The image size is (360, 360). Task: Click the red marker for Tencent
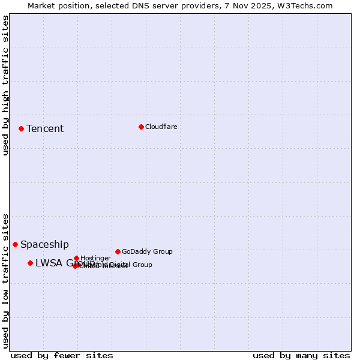pos(21,128)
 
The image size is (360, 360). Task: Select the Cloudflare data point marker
pos(141,127)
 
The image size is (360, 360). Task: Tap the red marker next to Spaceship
pos(15,244)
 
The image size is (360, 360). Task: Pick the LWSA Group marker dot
pos(30,263)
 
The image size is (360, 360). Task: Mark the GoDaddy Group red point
pos(118,251)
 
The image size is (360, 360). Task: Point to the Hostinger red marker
pos(76,258)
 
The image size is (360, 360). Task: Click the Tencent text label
pos(45,129)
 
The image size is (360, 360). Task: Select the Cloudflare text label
pos(161,127)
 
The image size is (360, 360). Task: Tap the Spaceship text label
pos(44,245)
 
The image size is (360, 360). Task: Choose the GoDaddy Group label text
pos(147,252)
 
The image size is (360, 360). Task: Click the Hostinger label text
pos(95,259)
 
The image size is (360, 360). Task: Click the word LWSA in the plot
pos(47,263)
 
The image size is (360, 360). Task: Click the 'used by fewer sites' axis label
pos(62,356)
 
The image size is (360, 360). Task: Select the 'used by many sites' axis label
pos(301,356)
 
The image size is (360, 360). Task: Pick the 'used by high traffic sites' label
pos(5,85)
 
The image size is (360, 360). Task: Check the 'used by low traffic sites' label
pos(5,280)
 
